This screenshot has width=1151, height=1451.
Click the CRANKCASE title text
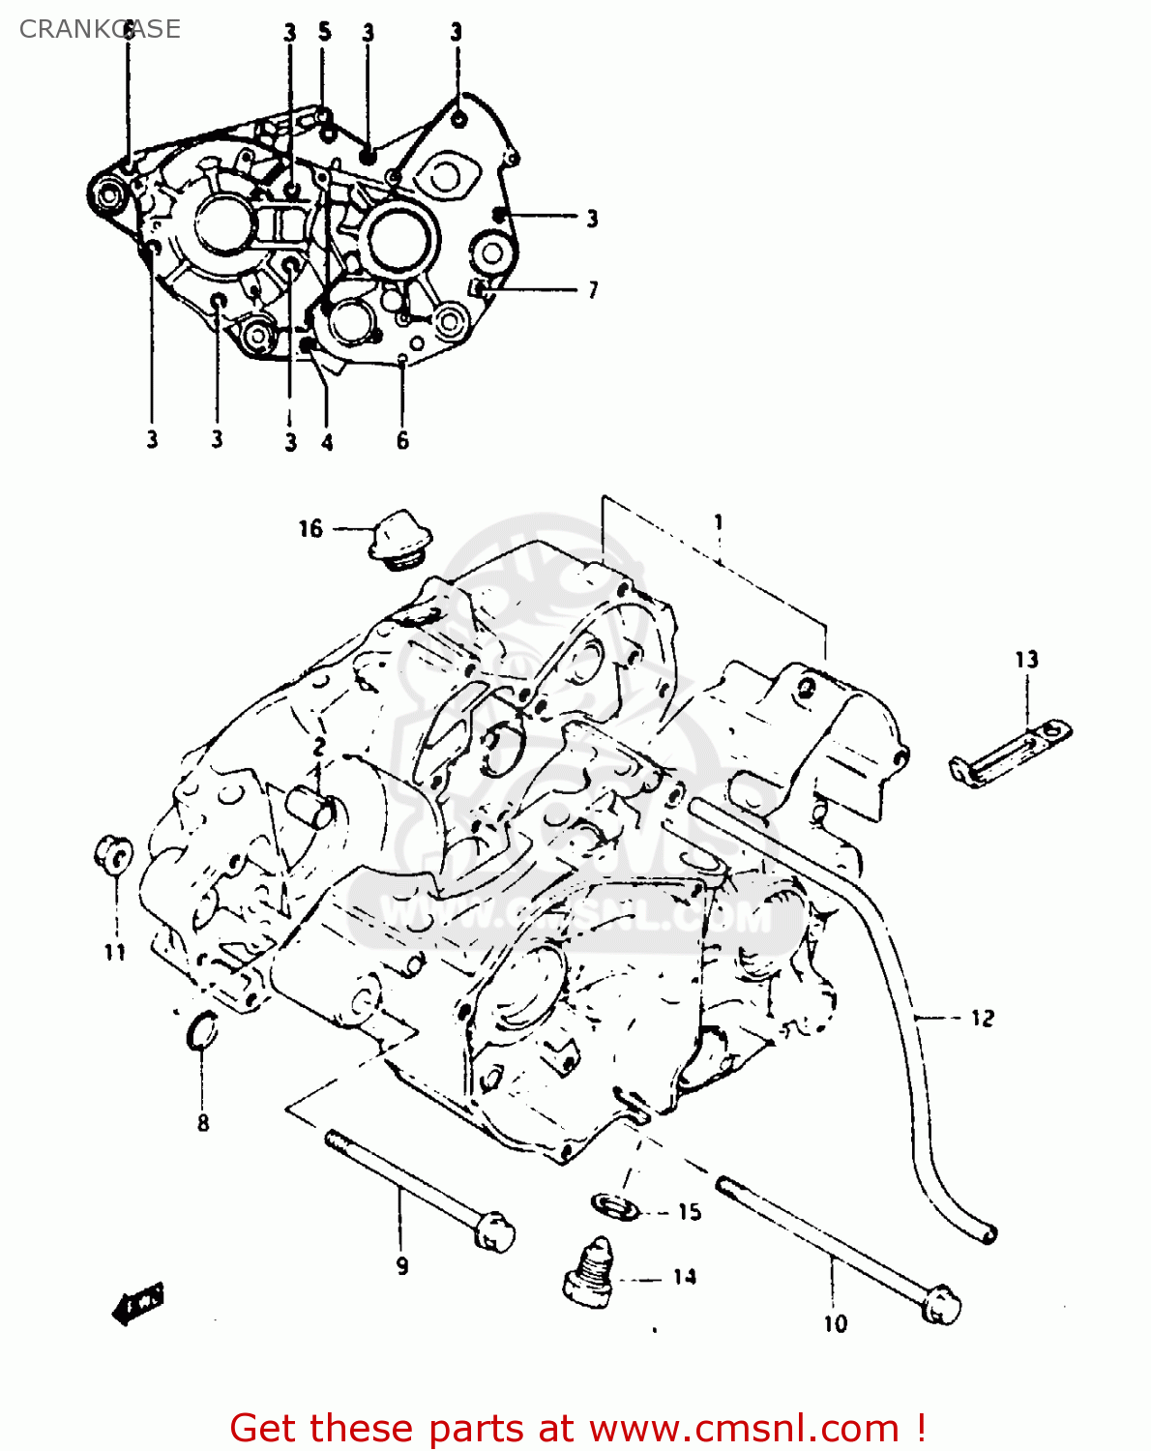click(x=100, y=29)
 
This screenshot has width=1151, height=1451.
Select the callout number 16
click(x=310, y=528)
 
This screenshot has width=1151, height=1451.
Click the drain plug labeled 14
click(x=588, y=1276)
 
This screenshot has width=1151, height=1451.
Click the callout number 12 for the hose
click(x=982, y=1018)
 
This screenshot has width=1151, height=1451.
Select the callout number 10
click(x=835, y=1323)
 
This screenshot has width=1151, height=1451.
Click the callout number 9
click(x=402, y=1265)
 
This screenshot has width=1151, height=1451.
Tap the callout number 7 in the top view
click(x=593, y=289)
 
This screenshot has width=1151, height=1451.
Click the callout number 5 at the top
click(x=325, y=32)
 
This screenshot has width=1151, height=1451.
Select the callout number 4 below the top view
click(x=327, y=442)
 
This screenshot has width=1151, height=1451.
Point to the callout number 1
click(x=719, y=522)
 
